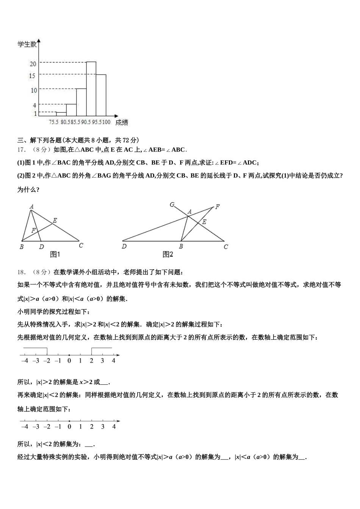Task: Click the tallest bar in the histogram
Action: coord(91,88)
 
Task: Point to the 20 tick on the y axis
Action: coord(33,64)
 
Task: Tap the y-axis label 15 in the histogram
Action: coord(32,76)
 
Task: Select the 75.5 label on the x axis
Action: coord(54,122)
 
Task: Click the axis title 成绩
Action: coord(121,122)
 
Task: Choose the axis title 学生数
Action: coord(27,45)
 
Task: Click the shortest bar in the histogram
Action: coord(61,114)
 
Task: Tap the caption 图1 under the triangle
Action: coord(55,254)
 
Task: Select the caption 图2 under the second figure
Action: coord(168,254)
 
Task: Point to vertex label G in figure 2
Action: coord(172,205)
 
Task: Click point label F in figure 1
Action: coord(33,230)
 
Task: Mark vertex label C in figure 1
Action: coord(81,245)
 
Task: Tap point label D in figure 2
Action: coord(124,247)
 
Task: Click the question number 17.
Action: coord(21,150)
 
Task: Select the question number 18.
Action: coord(21,272)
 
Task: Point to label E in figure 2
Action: coord(204,222)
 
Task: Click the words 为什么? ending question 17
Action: coord(28,189)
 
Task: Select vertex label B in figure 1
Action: coord(22,247)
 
